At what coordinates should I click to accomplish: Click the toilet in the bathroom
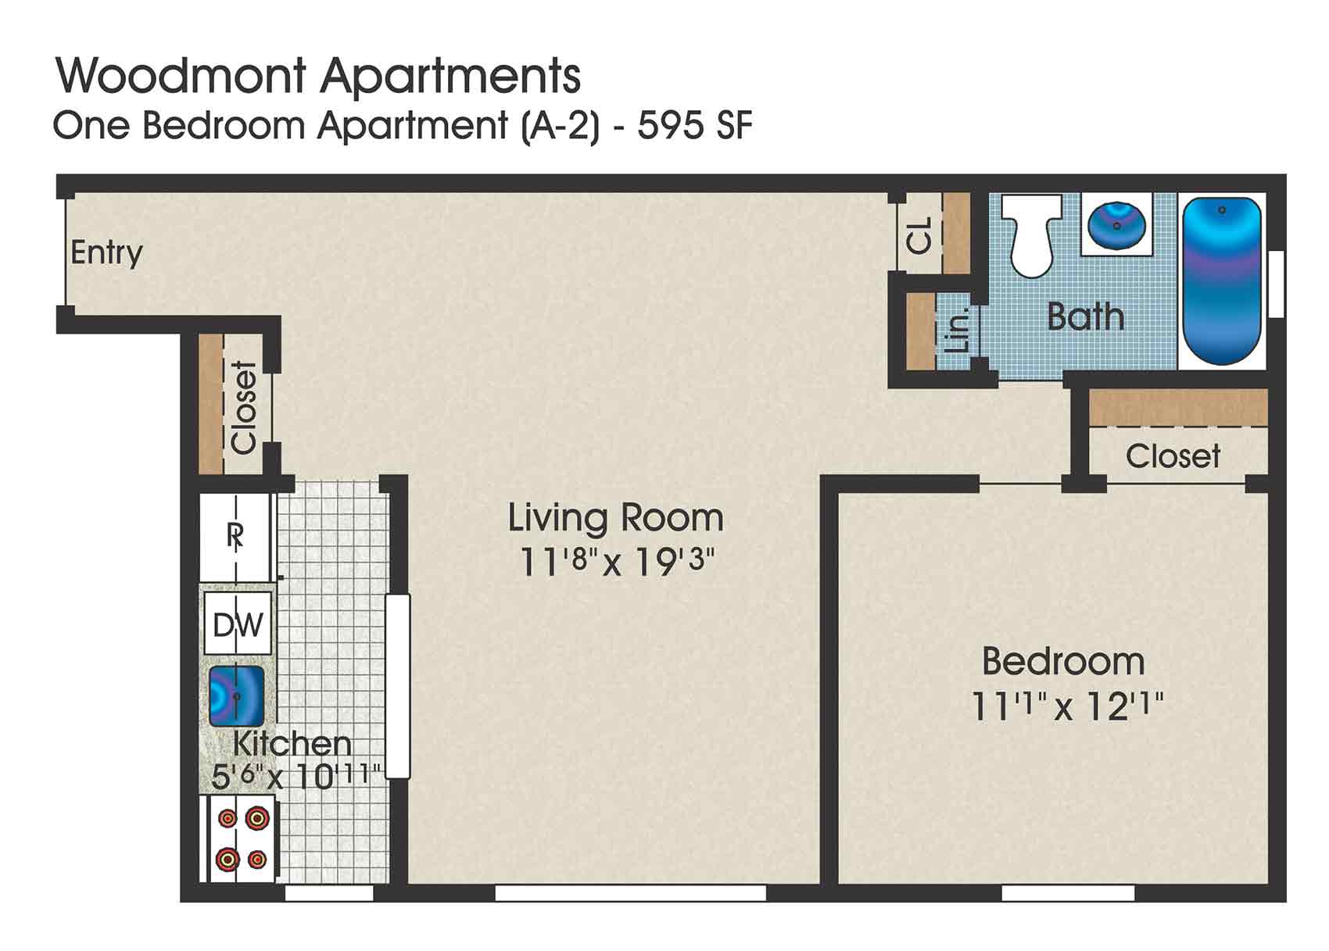1031,234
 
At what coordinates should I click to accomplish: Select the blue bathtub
1221,281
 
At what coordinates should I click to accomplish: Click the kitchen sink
235,695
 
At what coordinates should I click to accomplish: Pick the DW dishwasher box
238,624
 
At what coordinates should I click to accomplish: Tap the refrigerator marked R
235,536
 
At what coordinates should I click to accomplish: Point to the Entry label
106,253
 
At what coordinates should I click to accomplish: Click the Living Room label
615,518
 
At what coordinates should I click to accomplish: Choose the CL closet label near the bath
920,234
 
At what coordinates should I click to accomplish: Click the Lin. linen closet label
962,329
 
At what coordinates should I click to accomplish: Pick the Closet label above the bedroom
1173,456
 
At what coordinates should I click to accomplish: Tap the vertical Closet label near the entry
244,407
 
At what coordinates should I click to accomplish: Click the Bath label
1085,316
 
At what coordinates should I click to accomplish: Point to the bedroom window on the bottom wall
1068,892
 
